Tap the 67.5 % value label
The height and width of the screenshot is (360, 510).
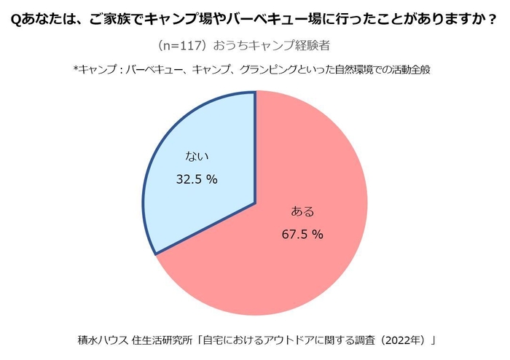[302, 235]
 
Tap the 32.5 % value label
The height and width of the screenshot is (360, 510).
[197, 179]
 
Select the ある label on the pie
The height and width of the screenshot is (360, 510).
[302, 212]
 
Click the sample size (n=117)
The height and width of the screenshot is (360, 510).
[181, 46]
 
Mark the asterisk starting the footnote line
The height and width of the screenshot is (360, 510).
[75, 70]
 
